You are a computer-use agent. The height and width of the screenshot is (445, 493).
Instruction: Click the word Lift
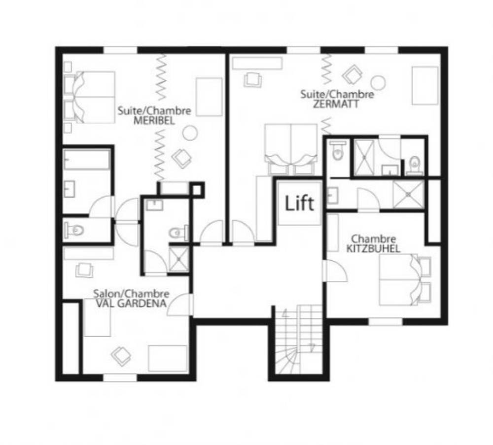pos(299,203)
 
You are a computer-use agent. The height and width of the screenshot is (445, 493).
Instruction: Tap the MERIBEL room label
pos(154,121)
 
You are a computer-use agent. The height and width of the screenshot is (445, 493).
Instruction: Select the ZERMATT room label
pos(336,104)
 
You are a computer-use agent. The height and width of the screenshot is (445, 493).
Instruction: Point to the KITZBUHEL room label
pos(373,248)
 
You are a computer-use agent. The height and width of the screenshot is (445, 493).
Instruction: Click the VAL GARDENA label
pos(131,303)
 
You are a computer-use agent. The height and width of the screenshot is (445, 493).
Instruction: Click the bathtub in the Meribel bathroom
pos(87,160)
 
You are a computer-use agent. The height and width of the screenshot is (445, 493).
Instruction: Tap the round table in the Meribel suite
pos(190,133)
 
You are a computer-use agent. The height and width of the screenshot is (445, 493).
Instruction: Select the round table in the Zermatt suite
pos(378,83)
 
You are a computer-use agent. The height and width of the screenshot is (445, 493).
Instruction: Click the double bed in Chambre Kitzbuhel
pos(405,280)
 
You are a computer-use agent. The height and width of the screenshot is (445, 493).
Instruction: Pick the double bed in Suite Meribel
pos(89,97)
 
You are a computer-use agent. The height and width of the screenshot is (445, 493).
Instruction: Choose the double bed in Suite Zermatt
pos(291,149)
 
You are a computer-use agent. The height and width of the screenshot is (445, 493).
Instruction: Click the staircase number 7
pos(312,347)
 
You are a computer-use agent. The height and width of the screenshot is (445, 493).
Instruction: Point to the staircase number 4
pos(285,313)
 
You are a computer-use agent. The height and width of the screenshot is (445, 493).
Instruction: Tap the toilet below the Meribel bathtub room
pos(74,231)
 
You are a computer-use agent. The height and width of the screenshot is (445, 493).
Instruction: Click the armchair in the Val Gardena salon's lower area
pos(121,356)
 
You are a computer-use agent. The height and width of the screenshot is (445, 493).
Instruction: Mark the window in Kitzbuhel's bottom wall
pos(386,321)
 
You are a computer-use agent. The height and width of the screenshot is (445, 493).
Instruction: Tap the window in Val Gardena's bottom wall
pos(120,377)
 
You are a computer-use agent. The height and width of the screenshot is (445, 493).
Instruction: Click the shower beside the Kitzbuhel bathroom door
pos(408,195)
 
